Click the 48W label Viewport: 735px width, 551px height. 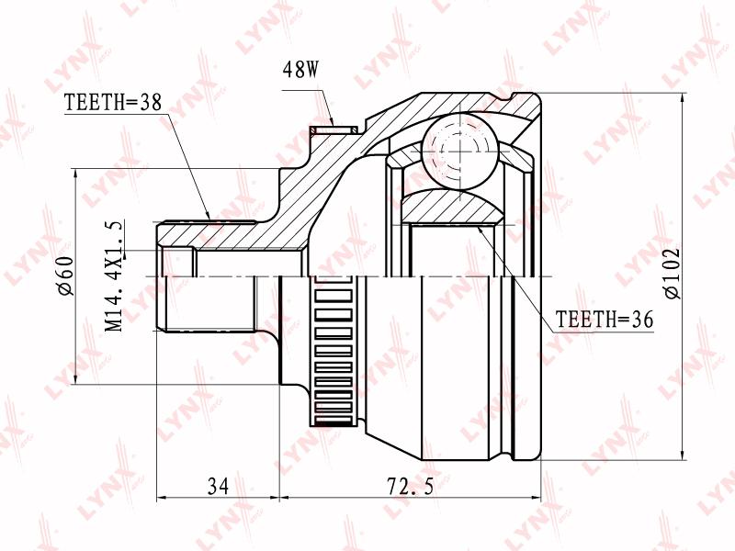click(300, 70)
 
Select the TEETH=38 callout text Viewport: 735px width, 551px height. click(112, 102)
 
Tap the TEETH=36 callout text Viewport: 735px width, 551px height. click(605, 320)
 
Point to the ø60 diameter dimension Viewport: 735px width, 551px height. click(64, 276)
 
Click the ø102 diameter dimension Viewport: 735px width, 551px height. click(671, 274)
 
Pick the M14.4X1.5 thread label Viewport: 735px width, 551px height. click(115, 275)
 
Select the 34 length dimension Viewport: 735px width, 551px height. click(218, 486)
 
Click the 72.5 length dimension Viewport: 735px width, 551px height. click(410, 486)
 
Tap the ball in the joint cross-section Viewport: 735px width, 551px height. click(460, 152)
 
